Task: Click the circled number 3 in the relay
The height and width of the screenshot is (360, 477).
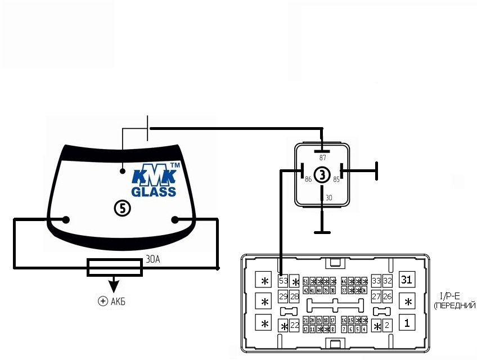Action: pyautogui.click(x=321, y=175)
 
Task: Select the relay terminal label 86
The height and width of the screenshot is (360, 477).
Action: pyautogui.click(x=308, y=179)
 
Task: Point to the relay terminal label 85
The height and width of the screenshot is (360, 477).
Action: pyautogui.click(x=336, y=179)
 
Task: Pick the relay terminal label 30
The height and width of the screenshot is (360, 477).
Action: pyautogui.click(x=329, y=198)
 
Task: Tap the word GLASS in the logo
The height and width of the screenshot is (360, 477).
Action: pyautogui.click(x=154, y=191)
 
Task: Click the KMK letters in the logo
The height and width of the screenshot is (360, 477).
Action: pyautogui.click(x=154, y=177)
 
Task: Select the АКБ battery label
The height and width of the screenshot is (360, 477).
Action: pyautogui.click(x=118, y=301)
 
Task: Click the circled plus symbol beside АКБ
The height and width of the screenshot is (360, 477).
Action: pyautogui.click(x=102, y=301)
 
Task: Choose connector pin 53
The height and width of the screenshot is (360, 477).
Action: pyautogui.click(x=283, y=281)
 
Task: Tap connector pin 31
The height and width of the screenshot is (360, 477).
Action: pyautogui.click(x=407, y=279)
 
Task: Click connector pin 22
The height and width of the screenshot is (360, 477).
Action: pyautogui.click(x=294, y=325)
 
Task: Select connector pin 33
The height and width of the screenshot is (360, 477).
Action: pyautogui.click(x=376, y=280)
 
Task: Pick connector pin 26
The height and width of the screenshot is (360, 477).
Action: pyautogui.click(x=387, y=296)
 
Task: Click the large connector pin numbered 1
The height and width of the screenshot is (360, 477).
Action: pyautogui.click(x=407, y=323)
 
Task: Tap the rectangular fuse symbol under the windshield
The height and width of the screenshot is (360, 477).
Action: pyautogui.click(x=115, y=267)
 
